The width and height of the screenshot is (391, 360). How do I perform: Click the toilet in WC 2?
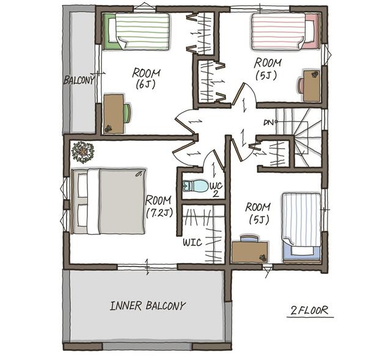(x=195, y=186)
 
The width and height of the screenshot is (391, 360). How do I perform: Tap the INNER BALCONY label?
(x=148, y=306)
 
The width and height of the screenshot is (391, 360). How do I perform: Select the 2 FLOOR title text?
(x=310, y=311)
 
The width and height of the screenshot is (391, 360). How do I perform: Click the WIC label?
(x=192, y=242)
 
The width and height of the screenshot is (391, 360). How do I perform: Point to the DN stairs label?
(x=268, y=123)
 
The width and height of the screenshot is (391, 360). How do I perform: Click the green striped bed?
(x=137, y=31)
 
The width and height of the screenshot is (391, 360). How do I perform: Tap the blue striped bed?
(x=301, y=228)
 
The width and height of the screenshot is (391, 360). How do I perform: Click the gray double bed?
(x=108, y=201)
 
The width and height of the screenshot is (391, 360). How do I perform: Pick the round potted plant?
(x=82, y=152)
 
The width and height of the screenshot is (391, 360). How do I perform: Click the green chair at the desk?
(x=127, y=113)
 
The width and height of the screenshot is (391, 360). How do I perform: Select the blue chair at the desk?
(x=250, y=238)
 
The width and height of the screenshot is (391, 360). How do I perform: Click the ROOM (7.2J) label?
(x=159, y=206)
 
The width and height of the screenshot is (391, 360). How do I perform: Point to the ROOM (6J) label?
(x=146, y=79)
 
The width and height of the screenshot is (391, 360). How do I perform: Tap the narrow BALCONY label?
(x=79, y=80)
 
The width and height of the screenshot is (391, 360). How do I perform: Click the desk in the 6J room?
(x=114, y=113)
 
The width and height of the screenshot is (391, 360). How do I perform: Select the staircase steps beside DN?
(x=299, y=137)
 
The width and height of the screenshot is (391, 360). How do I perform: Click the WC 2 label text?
(x=216, y=190)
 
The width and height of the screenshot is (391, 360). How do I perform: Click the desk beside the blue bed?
(x=250, y=252)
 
